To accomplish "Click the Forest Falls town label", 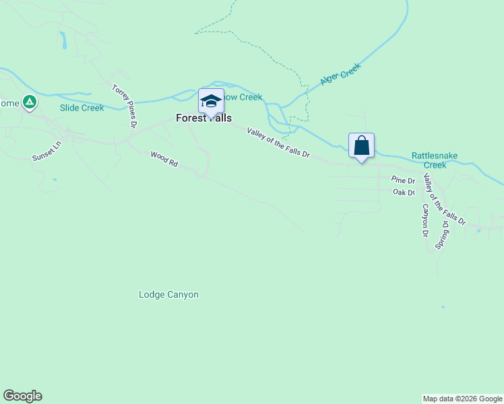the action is [x=203, y=118].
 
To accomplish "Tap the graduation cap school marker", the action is [x=211, y=102].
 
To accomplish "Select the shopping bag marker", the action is [x=361, y=145].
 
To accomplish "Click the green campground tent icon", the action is [x=29, y=102].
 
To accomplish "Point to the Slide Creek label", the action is [x=82, y=108].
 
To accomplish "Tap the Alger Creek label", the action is [x=341, y=74].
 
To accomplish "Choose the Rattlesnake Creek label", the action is [x=435, y=160].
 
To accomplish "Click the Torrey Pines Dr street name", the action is [x=125, y=106].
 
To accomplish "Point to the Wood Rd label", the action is [x=164, y=159].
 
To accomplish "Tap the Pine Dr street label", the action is [x=403, y=180].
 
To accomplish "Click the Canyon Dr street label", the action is [x=426, y=221].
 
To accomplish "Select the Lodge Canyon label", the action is [x=168, y=294].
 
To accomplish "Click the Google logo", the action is [x=22, y=396].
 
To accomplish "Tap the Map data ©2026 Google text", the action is [x=462, y=399].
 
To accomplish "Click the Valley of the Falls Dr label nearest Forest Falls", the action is [x=278, y=143].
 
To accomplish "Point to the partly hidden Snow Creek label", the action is [x=243, y=98].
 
